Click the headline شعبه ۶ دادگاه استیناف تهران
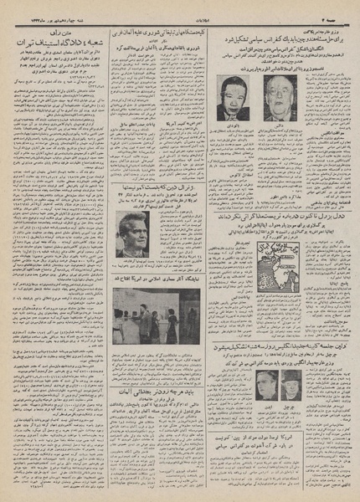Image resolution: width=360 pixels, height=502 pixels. click(x=61, y=39)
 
